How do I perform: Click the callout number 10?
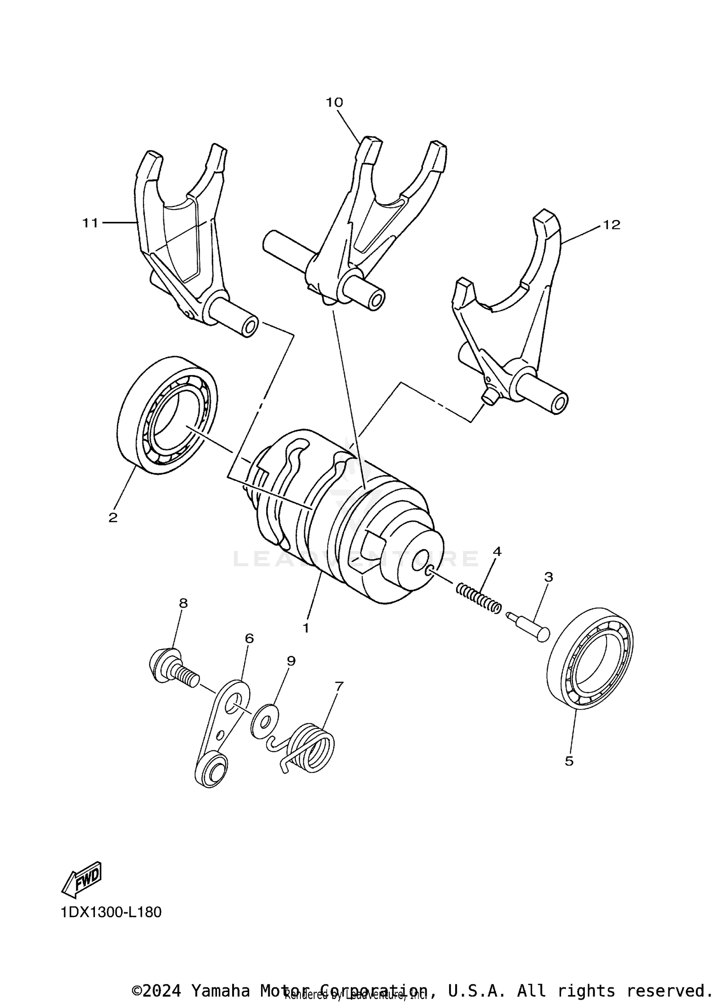(334, 102)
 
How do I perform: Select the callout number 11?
(90, 222)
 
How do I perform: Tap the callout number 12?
(612, 225)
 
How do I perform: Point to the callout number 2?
(112, 517)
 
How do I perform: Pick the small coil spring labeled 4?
(478, 599)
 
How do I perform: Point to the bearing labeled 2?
(167, 415)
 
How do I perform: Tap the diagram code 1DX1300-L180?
(111, 912)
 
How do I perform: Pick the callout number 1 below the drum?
(306, 628)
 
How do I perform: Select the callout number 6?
(249, 638)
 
